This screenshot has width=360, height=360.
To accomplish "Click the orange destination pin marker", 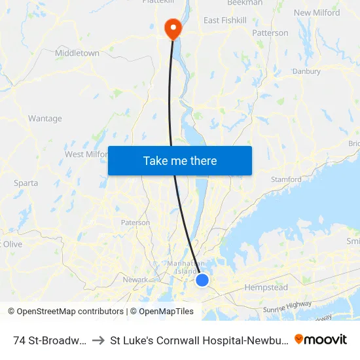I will (173, 28).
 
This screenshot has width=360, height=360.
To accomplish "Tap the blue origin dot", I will (202, 280).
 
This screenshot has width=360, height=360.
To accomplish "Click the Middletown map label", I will (77, 53).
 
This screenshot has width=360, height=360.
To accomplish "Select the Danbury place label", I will (306, 71).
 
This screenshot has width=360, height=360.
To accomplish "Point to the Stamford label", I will (286, 179).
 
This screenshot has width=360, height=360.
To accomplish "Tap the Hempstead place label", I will (266, 287).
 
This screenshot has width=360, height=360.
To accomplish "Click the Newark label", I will (135, 279).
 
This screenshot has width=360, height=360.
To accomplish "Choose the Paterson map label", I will (135, 223).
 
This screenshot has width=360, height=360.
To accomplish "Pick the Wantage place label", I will (45, 118).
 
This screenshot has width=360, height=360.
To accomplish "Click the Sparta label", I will (26, 183).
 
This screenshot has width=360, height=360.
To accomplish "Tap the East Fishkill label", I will (225, 21).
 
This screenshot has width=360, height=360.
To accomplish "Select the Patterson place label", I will (270, 33).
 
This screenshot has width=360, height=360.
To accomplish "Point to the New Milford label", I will (317, 12).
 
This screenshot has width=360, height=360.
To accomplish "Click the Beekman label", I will (244, 3).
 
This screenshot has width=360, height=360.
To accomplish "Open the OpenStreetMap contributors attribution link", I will (65, 312).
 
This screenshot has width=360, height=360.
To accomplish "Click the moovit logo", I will (321, 339).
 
